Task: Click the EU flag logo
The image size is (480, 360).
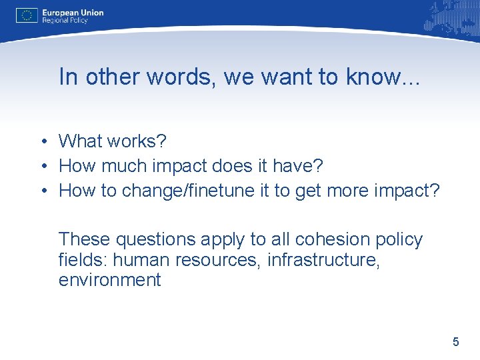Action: [x=27, y=15]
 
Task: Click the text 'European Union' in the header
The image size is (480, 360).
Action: [x=73, y=12]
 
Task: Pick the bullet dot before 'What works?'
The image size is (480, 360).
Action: [x=42, y=141]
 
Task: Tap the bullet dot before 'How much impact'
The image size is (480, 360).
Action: [x=42, y=166]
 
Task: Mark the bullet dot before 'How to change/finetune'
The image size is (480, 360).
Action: [x=42, y=191]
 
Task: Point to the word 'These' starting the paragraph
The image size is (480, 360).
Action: [x=85, y=239]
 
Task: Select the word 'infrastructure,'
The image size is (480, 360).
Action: [x=323, y=259]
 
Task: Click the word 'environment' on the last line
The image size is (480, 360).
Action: [x=110, y=280]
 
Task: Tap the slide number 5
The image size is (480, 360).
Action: [x=456, y=342]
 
